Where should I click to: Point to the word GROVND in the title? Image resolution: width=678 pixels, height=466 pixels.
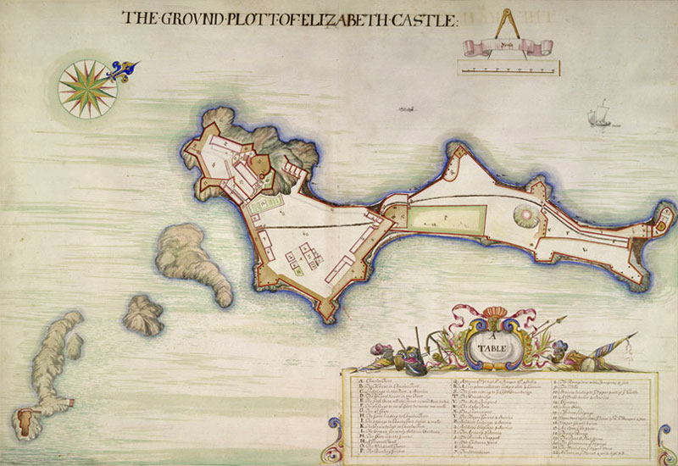click(x=188, y=17)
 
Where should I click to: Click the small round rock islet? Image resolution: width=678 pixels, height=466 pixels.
click(x=143, y=314)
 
